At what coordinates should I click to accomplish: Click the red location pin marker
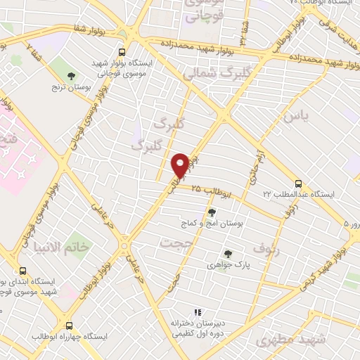(180, 166)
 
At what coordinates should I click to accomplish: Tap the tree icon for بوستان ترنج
(70, 75)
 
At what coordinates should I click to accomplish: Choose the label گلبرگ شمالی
(208, 73)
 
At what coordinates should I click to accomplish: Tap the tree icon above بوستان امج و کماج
(211, 212)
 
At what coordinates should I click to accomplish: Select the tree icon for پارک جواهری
(227, 254)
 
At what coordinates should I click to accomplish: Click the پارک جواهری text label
(227, 266)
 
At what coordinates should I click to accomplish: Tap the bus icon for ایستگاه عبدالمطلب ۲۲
(298, 183)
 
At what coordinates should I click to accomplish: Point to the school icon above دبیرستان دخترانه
(198, 312)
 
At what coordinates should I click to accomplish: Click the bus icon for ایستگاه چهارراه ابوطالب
(69, 326)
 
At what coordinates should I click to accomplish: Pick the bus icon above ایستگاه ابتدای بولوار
(23, 271)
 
